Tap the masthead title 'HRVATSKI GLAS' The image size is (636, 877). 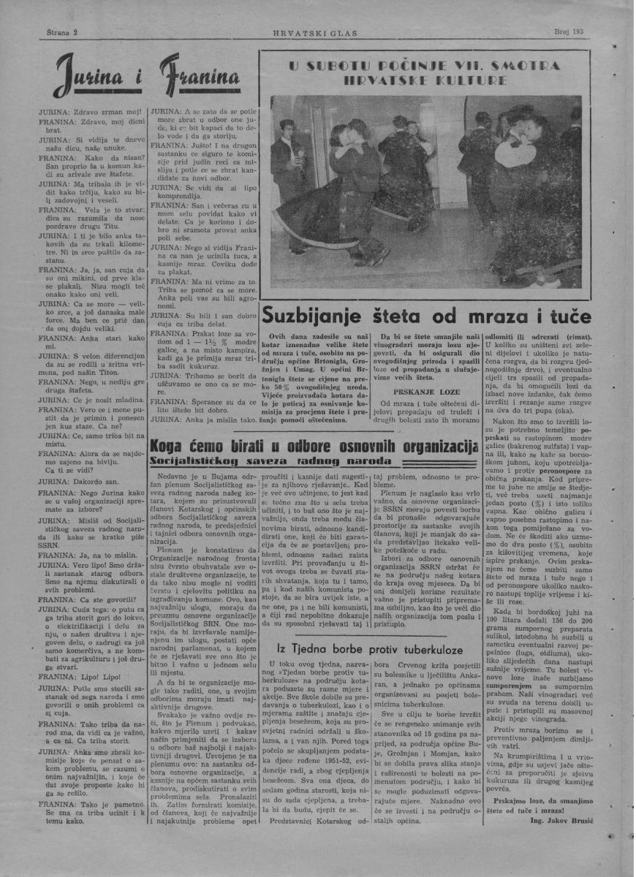point(318,34)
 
